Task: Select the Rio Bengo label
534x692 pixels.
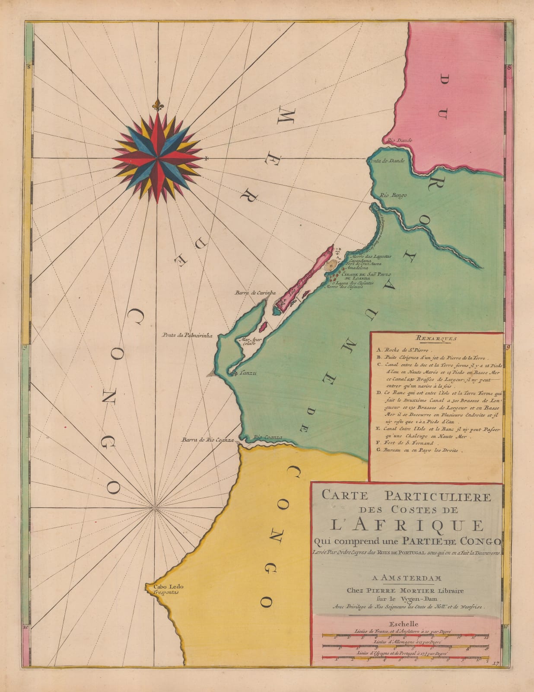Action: tap(393, 195)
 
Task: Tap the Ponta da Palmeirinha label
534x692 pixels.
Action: tap(188, 334)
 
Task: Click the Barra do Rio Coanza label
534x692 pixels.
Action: tap(207, 440)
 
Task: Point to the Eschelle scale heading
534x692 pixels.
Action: tap(404, 624)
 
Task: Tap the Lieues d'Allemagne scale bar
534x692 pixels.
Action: tap(405, 647)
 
